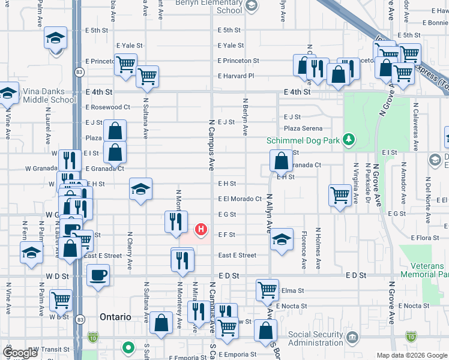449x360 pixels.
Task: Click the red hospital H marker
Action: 202,229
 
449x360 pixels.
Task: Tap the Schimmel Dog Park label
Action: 304,140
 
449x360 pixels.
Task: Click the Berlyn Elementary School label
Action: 209,6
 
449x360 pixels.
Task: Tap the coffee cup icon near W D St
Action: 98,275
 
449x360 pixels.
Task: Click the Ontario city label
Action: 116,316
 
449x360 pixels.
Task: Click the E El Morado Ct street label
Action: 240,199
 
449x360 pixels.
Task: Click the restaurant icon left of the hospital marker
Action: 176,221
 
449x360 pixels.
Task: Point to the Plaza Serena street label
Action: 303,128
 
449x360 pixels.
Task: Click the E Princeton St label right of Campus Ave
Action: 238,61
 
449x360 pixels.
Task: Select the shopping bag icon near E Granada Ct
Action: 281,161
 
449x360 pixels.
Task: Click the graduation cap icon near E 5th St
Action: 55,39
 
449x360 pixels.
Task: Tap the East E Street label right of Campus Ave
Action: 237,255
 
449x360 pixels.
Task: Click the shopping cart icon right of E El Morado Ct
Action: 340,195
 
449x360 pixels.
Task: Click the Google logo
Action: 19,353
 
